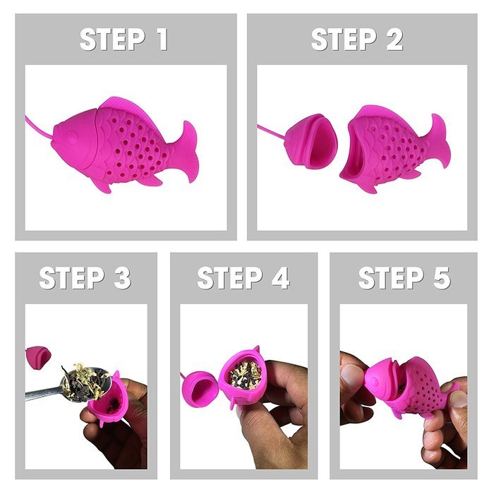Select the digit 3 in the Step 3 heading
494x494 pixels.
[121, 278]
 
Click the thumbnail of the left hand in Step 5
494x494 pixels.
[352, 378]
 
